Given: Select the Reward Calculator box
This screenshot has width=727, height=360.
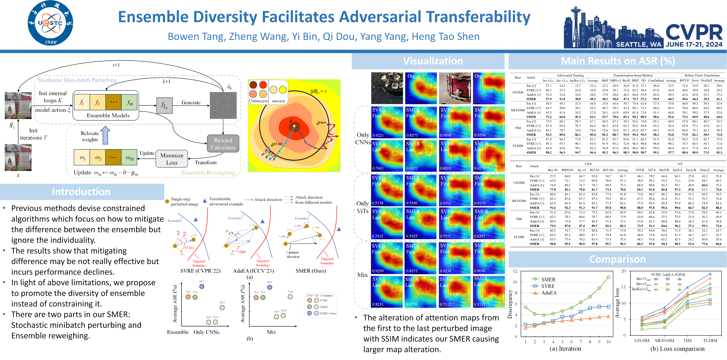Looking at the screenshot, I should tap(223, 144).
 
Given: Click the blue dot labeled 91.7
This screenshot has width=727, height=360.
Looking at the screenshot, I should tap(201, 286).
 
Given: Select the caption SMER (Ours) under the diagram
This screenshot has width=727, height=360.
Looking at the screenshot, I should tap(310, 271).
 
